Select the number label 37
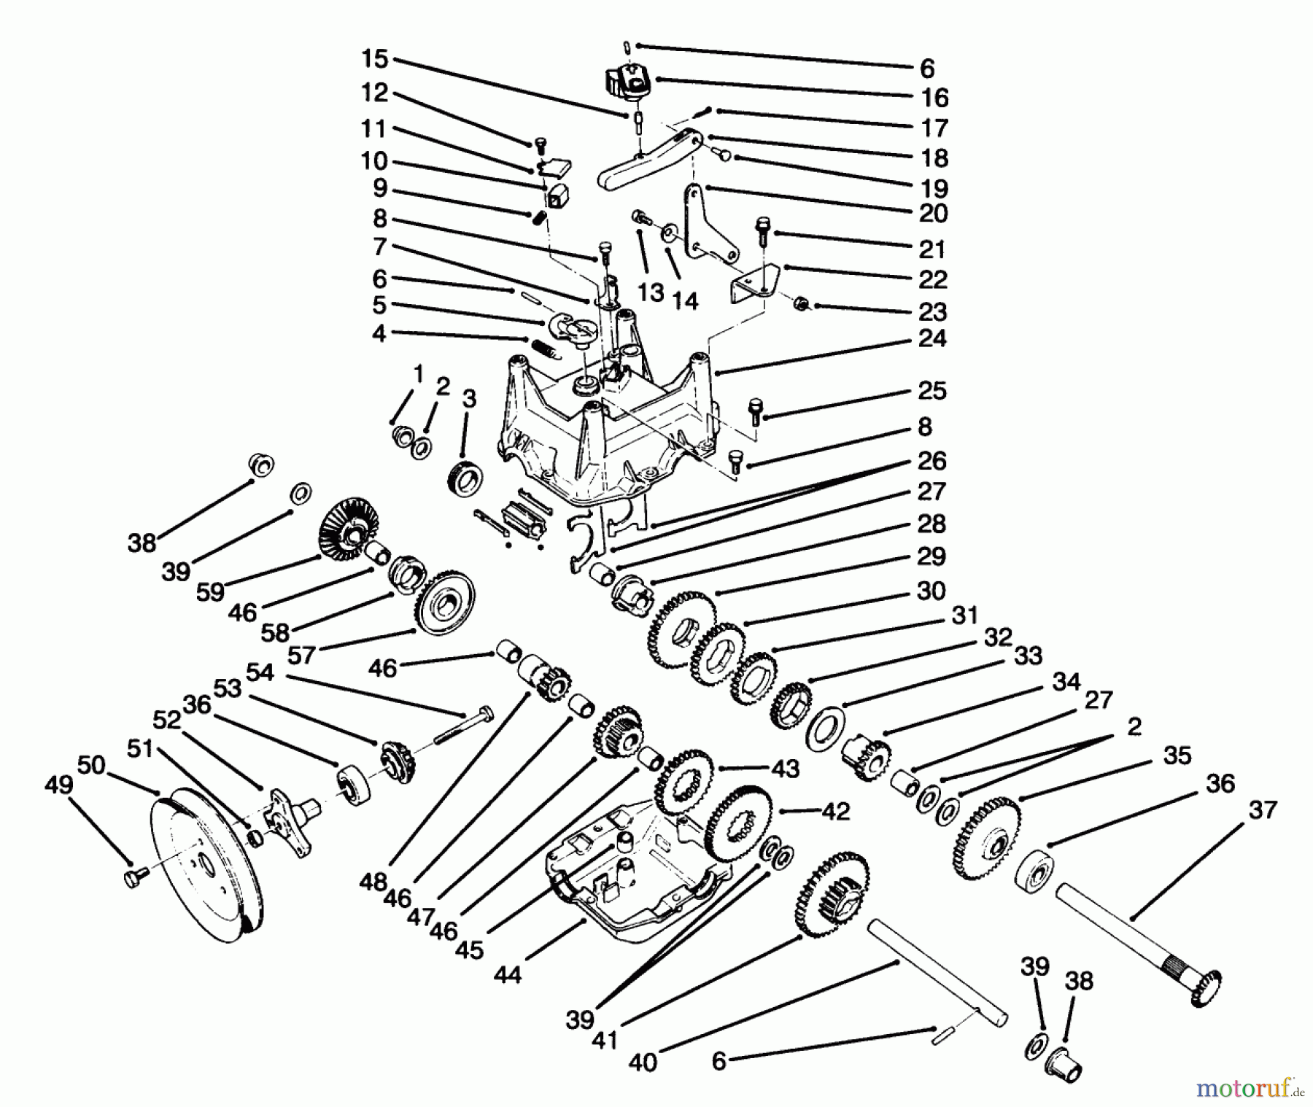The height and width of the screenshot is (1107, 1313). (1262, 810)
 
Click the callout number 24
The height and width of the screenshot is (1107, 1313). (932, 338)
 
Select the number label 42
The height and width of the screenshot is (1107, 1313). (835, 811)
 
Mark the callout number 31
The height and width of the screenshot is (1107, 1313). (964, 615)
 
